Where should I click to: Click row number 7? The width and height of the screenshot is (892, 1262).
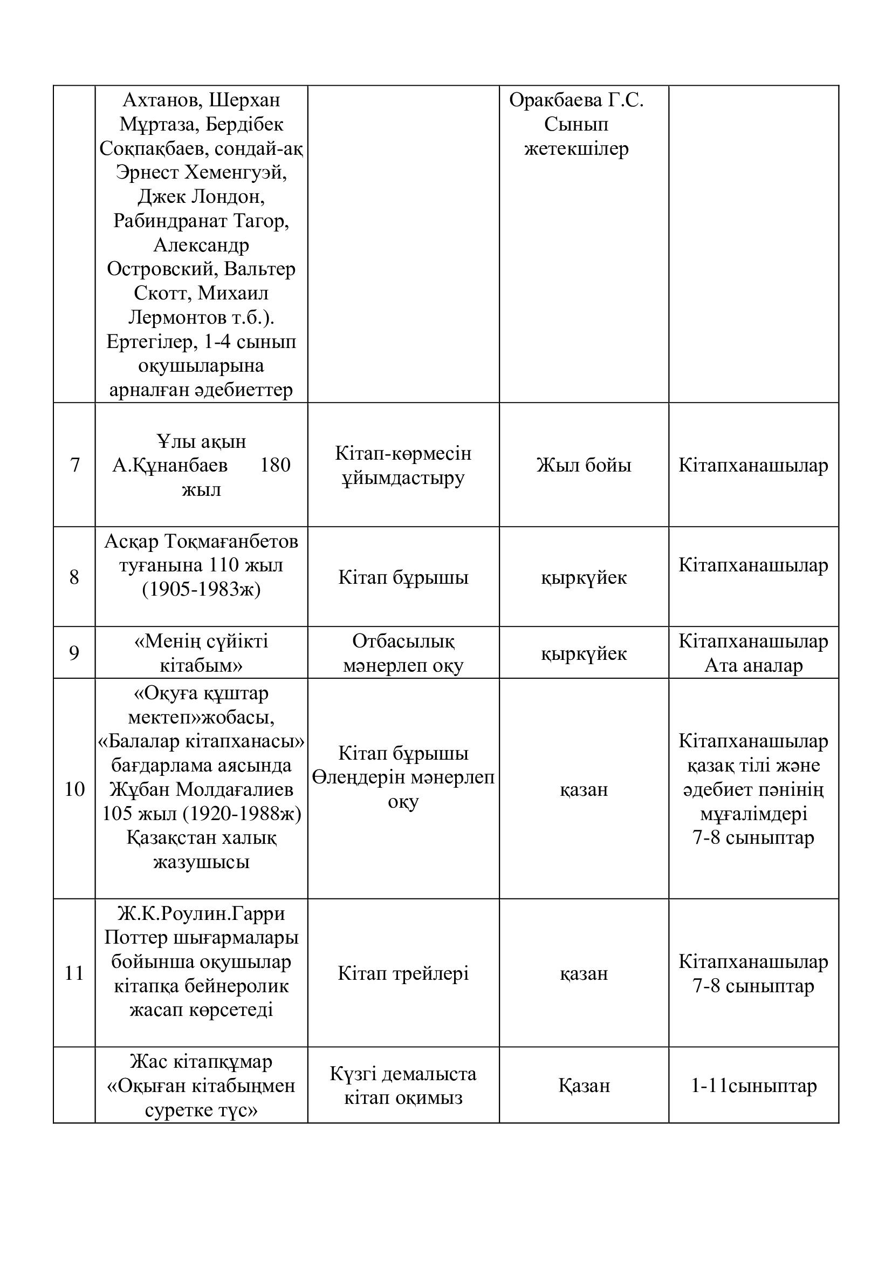click(x=75, y=465)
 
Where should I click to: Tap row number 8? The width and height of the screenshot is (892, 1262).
click(x=74, y=577)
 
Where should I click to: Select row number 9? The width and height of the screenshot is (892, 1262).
click(x=74, y=653)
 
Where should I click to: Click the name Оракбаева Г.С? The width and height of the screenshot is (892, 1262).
click(x=576, y=100)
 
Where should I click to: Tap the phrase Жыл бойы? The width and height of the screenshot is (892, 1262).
click(x=584, y=465)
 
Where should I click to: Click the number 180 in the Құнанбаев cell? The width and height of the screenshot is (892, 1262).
click(x=275, y=465)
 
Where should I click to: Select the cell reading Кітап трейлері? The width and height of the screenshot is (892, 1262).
click(x=403, y=973)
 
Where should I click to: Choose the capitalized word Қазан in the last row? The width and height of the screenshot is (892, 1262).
click(x=584, y=1085)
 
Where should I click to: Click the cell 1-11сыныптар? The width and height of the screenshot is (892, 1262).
click(x=753, y=1085)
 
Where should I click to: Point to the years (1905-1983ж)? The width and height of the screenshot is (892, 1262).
click(x=201, y=589)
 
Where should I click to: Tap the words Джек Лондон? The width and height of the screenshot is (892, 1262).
click(x=201, y=197)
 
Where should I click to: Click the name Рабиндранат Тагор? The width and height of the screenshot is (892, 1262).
click(x=201, y=221)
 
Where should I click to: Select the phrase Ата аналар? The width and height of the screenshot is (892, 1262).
click(x=753, y=665)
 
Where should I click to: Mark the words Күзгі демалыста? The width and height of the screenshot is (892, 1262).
click(x=403, y=1073)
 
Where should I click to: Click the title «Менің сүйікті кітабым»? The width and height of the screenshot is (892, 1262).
click(x=201, y=653)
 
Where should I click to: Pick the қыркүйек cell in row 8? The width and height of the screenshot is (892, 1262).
click(x=584, y=577)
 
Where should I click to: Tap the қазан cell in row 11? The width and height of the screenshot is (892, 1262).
click(x=584, y=973)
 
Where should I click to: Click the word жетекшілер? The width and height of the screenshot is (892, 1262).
click(x=576, y=148)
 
